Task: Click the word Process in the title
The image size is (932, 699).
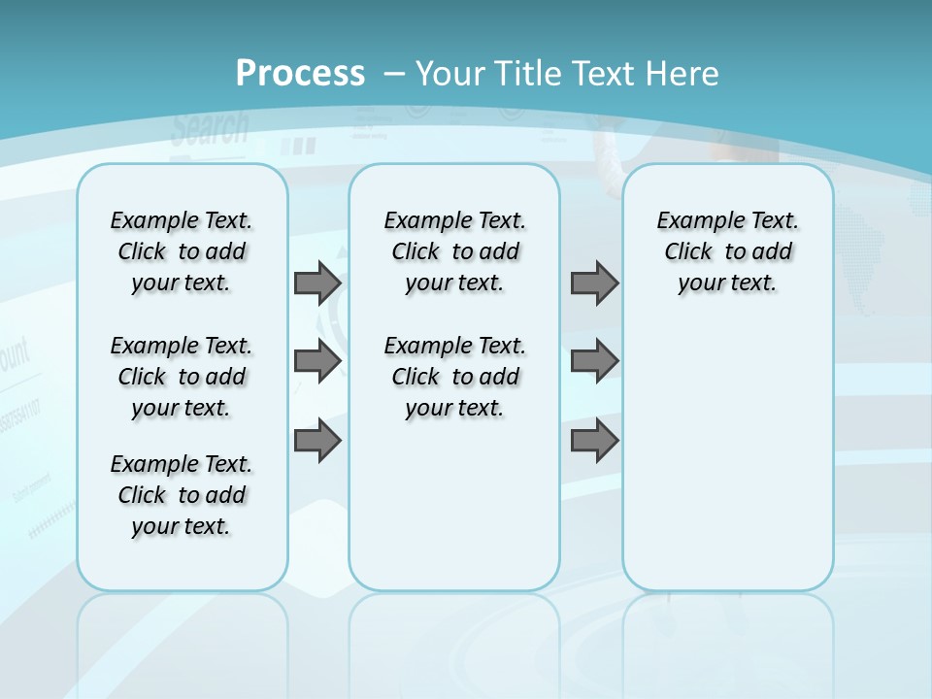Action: pyautogui.click(x=300, y=74)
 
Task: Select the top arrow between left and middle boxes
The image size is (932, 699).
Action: pyautogui.click(x=317, y=283)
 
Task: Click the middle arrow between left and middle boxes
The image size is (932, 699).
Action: pyautogui.click(x=317, y=361)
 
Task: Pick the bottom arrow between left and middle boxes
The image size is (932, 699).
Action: pyautogui.click(x=317, y=441)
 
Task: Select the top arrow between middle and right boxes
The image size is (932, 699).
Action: pyautogui.click(x=594, y=283)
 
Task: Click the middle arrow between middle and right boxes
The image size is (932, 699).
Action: pyautogui.click(x=594, y=361)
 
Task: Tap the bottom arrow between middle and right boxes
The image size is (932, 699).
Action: pyautogui.click(x=594, y=441)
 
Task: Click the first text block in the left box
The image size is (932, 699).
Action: pyautogui.click(x=182, y=251)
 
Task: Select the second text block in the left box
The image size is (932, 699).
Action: pyautogui.click(x=182, y=377)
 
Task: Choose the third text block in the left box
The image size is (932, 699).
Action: pyautogui.click(x=182, y=495)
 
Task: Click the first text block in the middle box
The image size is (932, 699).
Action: pyautogui.click(x=454, y=251)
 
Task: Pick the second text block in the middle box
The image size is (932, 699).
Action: pyautogui.click(x=454, y=377)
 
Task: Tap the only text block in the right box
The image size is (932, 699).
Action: pyautogui.click(x=727, y=251)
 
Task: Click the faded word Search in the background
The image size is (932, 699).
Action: pyautogui.click(x=210, y=128)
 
